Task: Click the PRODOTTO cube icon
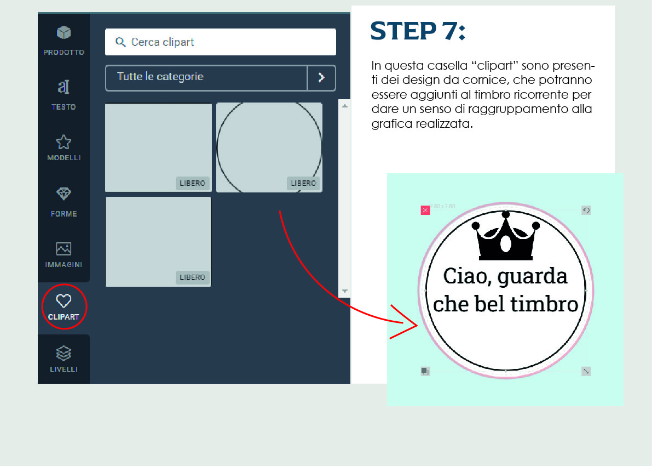coord(64,32)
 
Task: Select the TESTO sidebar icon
coord(64,87)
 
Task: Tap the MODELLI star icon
coord(64,142)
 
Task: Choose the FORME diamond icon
coord(64,194)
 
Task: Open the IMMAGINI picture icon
coord(64,248)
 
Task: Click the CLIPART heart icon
coord(64,300)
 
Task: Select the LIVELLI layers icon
coord(64,353)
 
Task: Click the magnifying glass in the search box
coord(120,42)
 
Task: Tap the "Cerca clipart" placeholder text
coord(163,42)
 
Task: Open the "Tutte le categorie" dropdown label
coord(160,77)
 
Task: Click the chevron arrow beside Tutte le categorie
coord(321,77)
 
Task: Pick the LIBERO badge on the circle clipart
coord(303,183)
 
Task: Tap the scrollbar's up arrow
coord(345,106)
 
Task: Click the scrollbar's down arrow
coord(345,291)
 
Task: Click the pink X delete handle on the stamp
coord(425,211)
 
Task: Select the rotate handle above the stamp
coord(586,211)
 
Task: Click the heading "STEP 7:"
coord(418,31)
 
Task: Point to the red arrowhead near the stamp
coord(406,322)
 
